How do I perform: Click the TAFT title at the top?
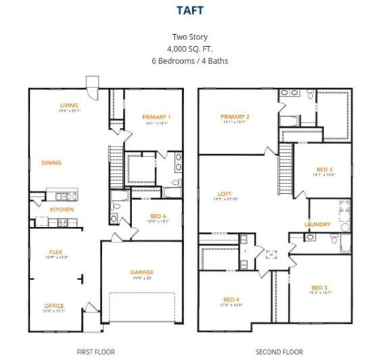[189, 10]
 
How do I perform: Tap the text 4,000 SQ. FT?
[189, 49]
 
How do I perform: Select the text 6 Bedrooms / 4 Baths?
[189, 61]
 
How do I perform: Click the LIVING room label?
[69, 105]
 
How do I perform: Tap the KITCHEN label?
[62, 209]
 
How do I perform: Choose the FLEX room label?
[56, 251]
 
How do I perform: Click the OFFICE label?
[53, 305]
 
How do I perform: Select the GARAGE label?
[142, 272]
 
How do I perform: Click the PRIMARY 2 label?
[235, 116]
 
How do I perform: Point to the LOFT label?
[225, 193]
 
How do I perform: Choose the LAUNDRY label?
[317, 224]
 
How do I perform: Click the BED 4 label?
[231, 299]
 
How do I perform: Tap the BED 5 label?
[320, 287]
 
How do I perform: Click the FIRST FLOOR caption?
[96, 352]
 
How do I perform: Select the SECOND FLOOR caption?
[279, 352]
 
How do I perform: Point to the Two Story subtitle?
[189, 37]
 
